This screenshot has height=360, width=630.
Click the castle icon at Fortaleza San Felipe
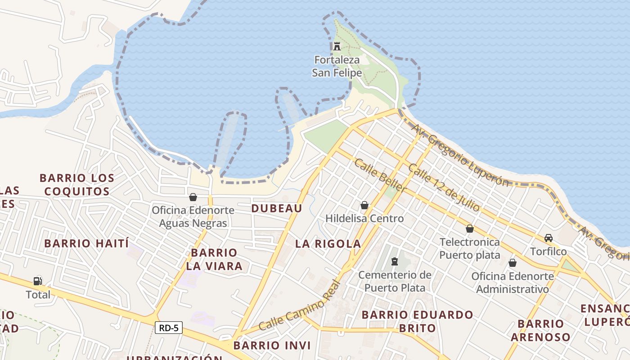point(337,46)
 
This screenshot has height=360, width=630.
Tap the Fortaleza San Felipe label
point(337,66)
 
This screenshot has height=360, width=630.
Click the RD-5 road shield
point(169,328)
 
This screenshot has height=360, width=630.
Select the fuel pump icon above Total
point(38,281)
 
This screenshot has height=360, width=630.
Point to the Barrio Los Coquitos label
point(77,184)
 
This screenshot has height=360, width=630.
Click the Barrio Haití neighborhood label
point(86,243)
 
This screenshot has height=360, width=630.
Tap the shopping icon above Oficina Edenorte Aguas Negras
point(193,197)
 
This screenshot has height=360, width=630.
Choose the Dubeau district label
point(277,208)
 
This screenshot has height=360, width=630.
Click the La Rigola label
point(328,244)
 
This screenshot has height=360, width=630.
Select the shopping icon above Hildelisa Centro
point(364,206)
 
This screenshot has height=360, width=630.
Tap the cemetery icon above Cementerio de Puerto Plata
point(395,261)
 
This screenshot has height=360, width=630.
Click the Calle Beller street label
point(380,175)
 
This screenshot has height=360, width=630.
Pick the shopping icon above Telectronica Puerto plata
point(470,229)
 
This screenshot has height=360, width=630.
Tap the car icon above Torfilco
point(549,238)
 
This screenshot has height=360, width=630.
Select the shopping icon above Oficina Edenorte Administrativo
point(513,263)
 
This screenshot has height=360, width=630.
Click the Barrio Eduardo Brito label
point(418,321)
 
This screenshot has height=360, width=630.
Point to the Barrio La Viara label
point(214,259)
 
